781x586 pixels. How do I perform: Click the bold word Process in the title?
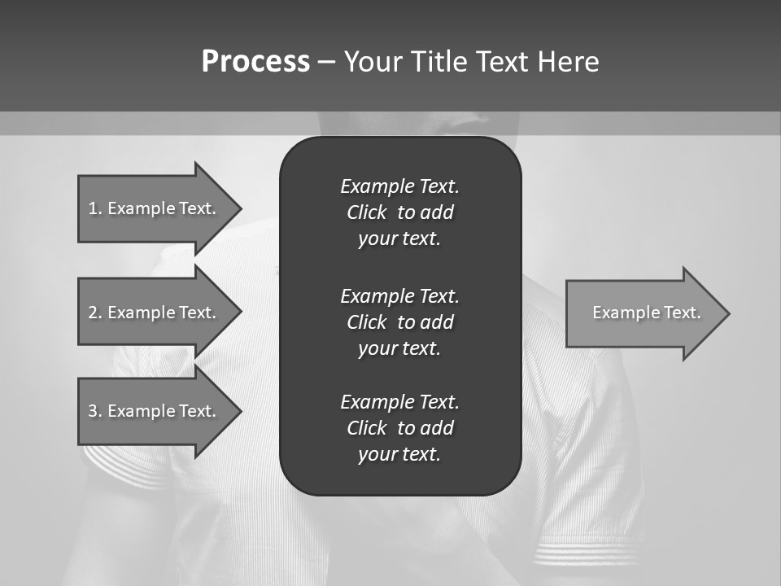coord(255,62)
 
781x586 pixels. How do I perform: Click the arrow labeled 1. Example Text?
coord(155,208)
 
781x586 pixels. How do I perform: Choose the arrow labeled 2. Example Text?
coord(155,313)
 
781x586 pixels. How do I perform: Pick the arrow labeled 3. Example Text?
coord(155,411)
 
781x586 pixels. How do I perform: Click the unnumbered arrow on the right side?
coord(643,313)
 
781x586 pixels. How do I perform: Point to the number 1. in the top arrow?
coord(95,208)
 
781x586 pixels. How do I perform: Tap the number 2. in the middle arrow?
coord(95,313)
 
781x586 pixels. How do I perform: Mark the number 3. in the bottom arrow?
coord(95,411)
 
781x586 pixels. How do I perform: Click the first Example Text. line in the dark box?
coord(399,186)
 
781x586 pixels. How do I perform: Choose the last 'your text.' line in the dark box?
coord(399,454)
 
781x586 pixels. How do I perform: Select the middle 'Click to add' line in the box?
coord(399,322)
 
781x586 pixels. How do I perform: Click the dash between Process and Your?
coord(326,62)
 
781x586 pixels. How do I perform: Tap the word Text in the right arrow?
coord(683,313)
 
